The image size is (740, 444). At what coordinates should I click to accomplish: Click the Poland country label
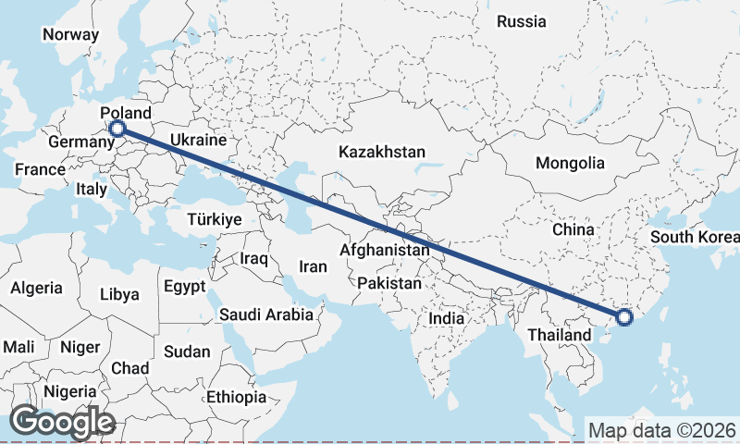pos(126,113)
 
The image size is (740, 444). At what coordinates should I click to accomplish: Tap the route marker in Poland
pos(117,129)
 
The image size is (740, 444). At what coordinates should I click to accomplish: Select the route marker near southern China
pos(624,317)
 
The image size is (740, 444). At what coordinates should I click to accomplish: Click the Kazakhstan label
pos(382,152)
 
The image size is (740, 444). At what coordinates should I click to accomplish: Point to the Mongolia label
pos(570,164)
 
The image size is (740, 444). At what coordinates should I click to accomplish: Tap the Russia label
pos(522,21)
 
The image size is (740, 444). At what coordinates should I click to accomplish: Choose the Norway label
pos(70,35)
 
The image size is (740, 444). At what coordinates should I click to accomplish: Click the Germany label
pos(80,142)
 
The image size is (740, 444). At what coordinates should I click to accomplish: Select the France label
pos(40,169)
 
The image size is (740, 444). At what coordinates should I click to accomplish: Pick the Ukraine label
pos(197,142)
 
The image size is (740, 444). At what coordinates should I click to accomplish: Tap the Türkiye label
pos(214,220)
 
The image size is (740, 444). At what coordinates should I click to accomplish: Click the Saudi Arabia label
pos(266,314)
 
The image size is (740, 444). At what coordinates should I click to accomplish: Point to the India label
pos(446,318)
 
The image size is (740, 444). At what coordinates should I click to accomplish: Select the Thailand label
pos(560,334)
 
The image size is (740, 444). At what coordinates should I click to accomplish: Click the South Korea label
pos(694,236)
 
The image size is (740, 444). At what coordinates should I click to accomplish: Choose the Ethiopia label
pos(237,397)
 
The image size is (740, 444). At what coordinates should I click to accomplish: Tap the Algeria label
pos(37,288)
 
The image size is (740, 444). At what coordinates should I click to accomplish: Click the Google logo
pos(62,422)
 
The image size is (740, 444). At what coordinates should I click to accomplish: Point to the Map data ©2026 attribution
pos(661,430)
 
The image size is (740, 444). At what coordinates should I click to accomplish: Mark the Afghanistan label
pos(385,250)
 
